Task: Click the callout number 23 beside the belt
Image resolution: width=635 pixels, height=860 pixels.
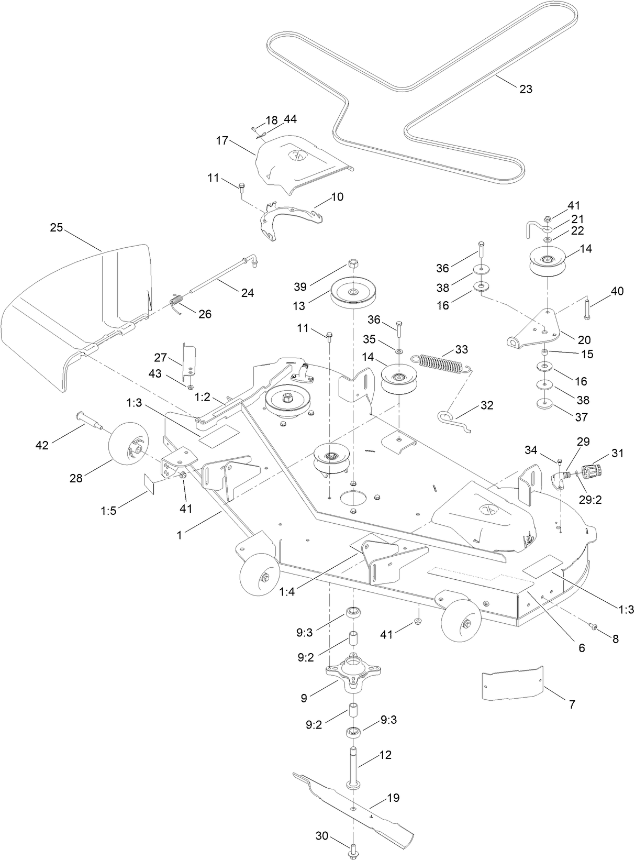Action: coord(525,89)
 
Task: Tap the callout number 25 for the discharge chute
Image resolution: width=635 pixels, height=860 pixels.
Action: coord(57,228)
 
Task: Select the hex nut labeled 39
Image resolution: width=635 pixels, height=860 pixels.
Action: coord(353,263)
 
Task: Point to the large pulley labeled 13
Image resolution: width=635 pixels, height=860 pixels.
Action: coord(353,294)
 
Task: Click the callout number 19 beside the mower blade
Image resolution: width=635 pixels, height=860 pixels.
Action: coord(393,798)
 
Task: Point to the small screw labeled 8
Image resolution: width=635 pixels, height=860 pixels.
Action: coord(594,626)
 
